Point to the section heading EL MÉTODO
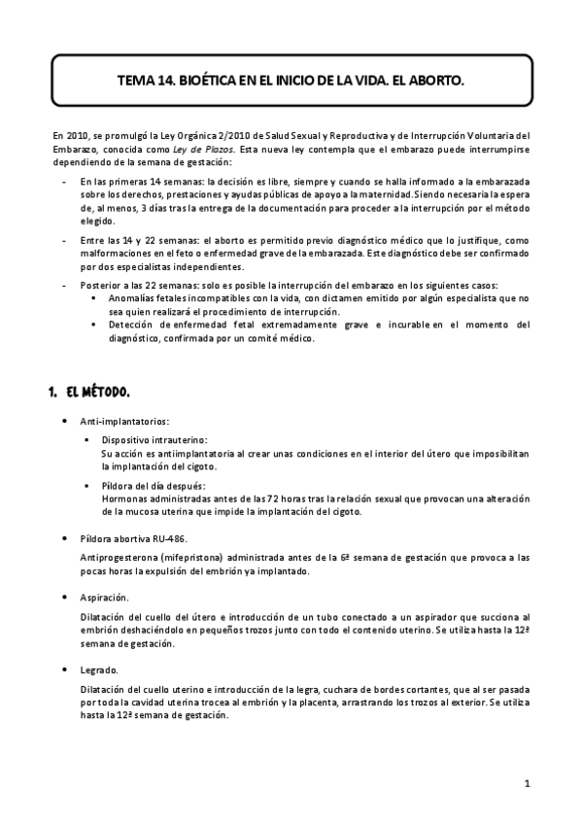(98, 393)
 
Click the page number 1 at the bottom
(526, 782)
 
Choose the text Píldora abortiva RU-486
(135, 537)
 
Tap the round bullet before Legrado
(64, 670)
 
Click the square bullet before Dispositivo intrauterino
(88, 441)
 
